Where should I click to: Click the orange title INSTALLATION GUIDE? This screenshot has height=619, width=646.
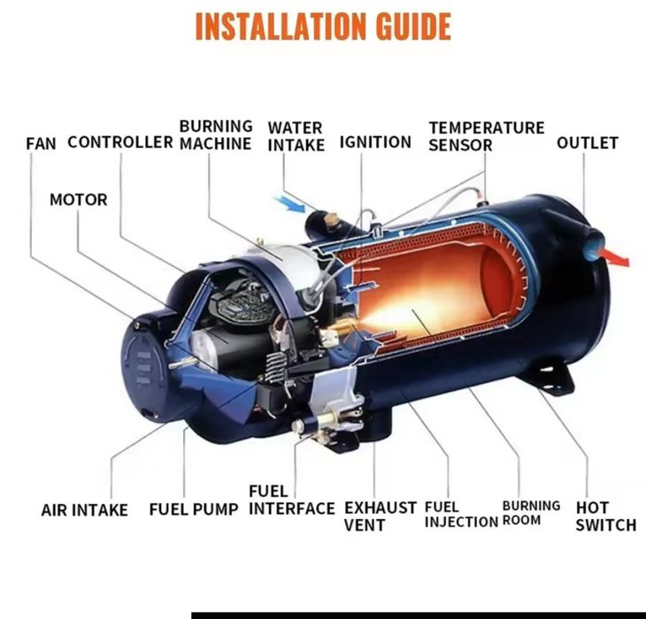(x=323, y=27)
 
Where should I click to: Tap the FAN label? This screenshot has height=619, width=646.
(x=41, y=143)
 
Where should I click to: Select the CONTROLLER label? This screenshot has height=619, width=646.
(x=119, y=142)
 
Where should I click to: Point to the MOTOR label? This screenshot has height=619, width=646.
(x=78, y=200)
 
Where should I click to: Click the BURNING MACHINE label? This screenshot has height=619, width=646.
(x=215, y=134)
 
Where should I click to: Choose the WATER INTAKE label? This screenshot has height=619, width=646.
(x=296, y=136)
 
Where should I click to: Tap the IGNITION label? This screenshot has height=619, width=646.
(x=375, y=142)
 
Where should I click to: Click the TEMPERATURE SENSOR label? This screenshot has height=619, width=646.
(x=486, y=136)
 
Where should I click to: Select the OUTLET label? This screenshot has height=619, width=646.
(x=587, y=143)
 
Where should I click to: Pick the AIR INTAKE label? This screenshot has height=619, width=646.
(x=84, y=510)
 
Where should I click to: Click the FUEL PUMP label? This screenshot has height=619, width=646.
(x=194, y=509)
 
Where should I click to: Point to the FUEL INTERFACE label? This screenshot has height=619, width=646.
(x=292, y=500)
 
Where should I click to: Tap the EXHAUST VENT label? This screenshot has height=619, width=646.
(x=381, y=516)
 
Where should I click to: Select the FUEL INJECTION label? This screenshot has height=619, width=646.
(x=461, y=514)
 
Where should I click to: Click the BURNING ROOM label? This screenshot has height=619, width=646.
(x=531, y=512)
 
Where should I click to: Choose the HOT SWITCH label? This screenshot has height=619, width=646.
(x=606, y=516)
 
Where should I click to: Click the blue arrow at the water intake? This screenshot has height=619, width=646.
(x=290, y=204)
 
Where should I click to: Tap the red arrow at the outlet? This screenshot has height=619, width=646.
(x=615, y=256)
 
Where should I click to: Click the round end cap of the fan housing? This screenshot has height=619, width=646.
(x=144, y=368)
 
